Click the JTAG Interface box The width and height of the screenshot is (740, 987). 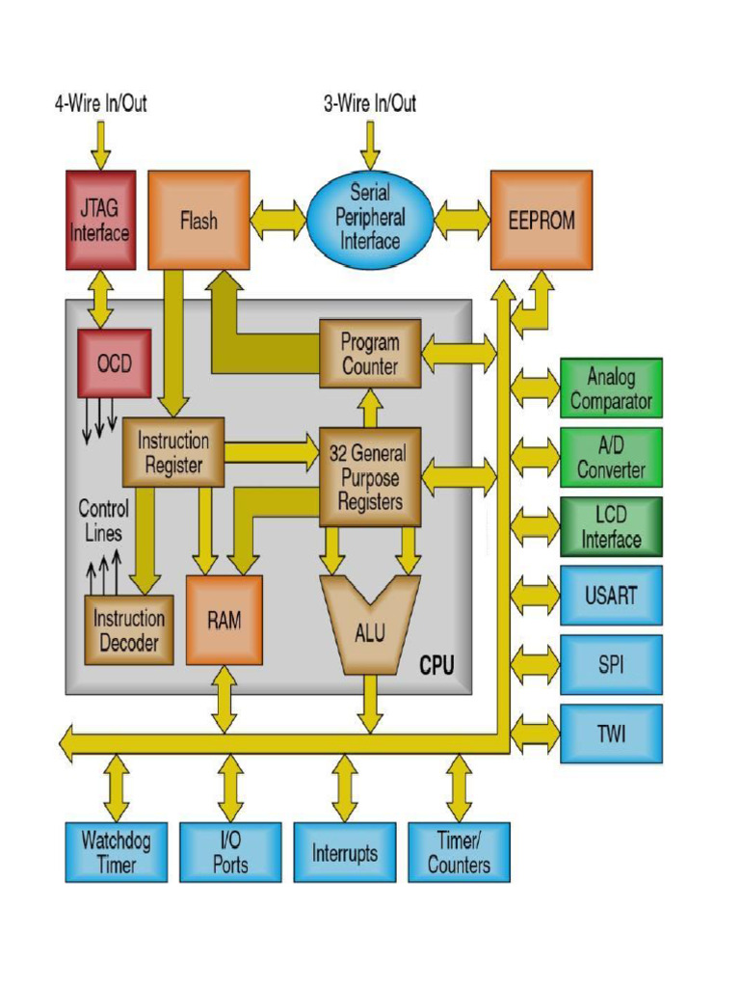coord(100,221)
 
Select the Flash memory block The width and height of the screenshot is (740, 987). coord(198,221)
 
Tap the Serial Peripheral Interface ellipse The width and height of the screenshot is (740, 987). coord(370,219)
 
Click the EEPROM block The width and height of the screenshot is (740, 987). coord(541,221)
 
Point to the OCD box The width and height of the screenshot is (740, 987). coord(114,363)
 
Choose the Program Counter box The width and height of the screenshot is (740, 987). coord(370,354)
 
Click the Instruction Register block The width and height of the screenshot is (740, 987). coord(173,452)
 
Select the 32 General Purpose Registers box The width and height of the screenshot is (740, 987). coord(370,477)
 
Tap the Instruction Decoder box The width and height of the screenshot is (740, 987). coord(129,629)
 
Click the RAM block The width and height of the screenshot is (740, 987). coord(224,620)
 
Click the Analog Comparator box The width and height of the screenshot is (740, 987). coord(611,388)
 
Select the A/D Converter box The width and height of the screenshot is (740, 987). coord(611,458)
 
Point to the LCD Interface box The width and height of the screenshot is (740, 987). coord(611,526)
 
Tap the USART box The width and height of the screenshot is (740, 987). coord(611,595)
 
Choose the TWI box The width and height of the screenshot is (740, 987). coord(611,734)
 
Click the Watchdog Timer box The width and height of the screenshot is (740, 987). coord(116,852)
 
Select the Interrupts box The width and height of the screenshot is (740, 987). coord(344,852)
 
